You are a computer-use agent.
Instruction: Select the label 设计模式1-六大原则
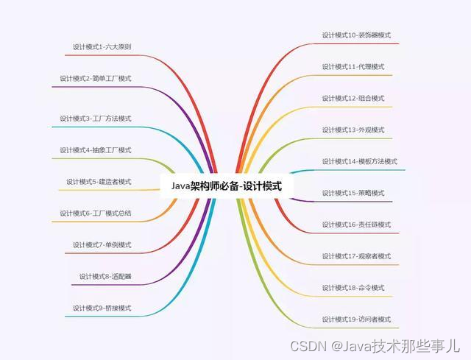click(x=102, y=46)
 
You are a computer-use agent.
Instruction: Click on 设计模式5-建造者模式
click(x=99, y=181)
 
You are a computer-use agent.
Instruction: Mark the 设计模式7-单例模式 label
click(x=102, y=244)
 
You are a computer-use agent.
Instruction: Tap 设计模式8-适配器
click(x=105, y=276)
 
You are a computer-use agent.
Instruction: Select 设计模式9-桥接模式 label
click(x=102, y=308)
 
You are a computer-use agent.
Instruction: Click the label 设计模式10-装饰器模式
click(x=356, y=35)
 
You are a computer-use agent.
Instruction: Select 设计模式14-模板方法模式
click(x=359, y=161)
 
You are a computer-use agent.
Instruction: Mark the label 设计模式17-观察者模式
click(x=356, y=256)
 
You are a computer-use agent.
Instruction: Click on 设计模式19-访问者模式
click(x=356, y=320)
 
